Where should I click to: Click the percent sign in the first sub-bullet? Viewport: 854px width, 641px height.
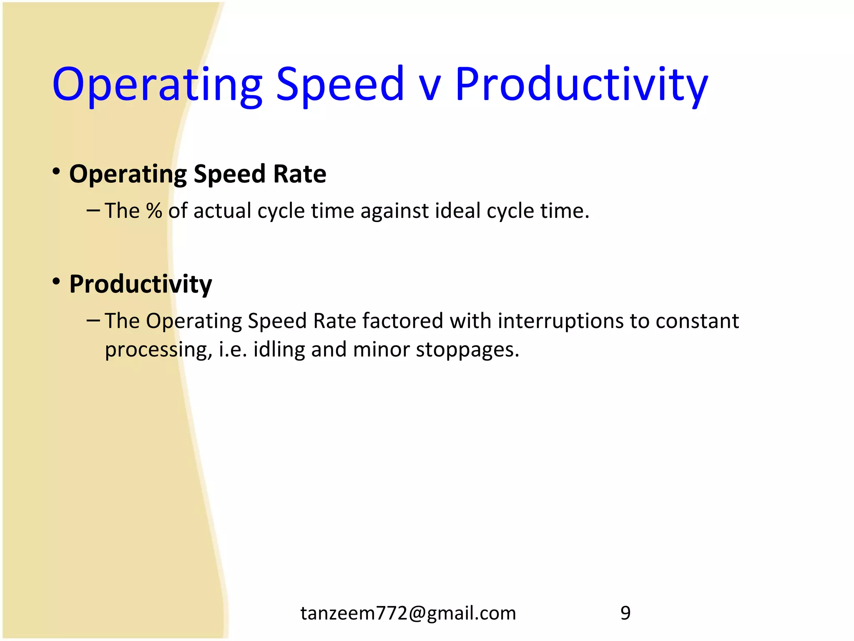click(x=154, y=211)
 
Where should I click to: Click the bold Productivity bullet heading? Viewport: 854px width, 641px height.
click(x=141, y=285)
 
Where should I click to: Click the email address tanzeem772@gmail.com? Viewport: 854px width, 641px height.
click(x=408, y=613)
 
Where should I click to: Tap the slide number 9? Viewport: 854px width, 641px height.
click(x=625, y=613)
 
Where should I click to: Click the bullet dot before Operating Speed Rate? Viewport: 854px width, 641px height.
click(x=56, y=172)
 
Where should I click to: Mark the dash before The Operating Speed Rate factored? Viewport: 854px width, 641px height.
click(x=93, y=320)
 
